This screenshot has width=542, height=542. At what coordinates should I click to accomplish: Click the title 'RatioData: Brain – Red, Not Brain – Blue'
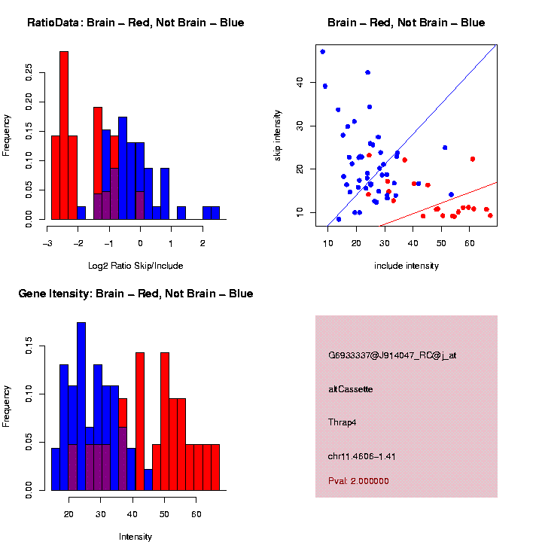click(135, 23)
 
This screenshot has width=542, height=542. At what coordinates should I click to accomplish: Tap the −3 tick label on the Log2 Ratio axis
click(47, 244)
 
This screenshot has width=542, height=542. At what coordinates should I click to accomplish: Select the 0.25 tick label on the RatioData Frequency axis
click(29, 71)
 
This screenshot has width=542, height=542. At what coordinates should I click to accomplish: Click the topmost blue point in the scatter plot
click(322, 51)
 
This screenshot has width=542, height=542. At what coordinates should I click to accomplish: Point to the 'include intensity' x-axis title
click(406, 265)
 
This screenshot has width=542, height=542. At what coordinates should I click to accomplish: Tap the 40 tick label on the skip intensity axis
click(300, 82)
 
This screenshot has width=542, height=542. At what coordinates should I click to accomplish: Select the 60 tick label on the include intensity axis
click(469, 244)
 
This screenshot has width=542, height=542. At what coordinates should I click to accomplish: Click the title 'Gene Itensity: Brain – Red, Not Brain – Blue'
click(135, 294)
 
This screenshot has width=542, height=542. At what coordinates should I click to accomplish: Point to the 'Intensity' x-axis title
click(135, 537)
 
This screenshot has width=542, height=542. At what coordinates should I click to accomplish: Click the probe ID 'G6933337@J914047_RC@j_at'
click(392, 355)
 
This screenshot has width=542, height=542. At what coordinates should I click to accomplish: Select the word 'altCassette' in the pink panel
click(351, 389)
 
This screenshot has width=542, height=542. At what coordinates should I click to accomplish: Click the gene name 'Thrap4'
click(343, 422)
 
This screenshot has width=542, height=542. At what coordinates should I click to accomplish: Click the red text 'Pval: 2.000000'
click(359, 481)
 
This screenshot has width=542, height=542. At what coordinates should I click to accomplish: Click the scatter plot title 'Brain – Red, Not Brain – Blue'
click(406, 23)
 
